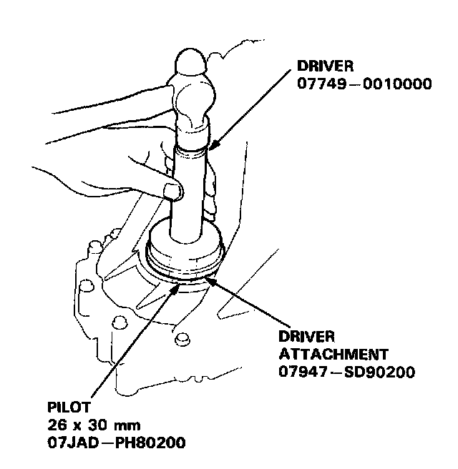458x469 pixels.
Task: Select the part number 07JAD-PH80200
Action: pyautogui.click(x=115, y=443)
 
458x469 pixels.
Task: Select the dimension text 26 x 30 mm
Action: pyautogui.click(x=88, y=425)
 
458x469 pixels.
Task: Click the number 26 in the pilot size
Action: pyautogui.click(x=54, y=425)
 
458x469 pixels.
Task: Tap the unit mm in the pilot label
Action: pyautogui.click(x=122, y=426)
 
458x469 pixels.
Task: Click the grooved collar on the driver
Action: pyautogui.click(x=191, y=147)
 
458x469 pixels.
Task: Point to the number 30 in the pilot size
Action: pyautogui.click(x=95, y=425)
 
